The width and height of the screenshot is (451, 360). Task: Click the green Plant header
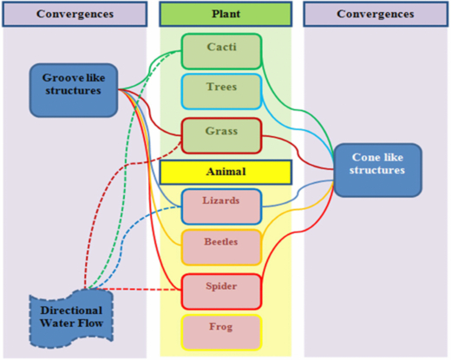(x=225, y=14)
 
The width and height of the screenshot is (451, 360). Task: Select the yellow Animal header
(x=225, y=172)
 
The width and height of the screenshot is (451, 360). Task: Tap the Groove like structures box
(x=74, y=89)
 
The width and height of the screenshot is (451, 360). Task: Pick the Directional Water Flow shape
(x=70, y=317)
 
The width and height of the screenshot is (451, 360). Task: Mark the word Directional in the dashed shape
(x=70, y=310)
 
